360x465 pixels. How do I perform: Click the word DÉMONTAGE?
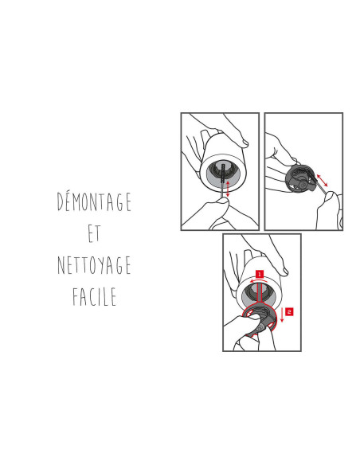(94, 201)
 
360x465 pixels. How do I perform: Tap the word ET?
(94, 233)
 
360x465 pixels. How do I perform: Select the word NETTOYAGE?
(94, 265)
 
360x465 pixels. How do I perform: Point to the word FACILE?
(94, 296)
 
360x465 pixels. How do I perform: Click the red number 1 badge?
(260, 274)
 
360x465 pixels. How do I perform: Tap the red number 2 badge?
(289, 311)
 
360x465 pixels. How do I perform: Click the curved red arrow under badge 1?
(259, 279)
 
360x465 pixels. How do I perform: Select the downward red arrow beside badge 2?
(282, 315)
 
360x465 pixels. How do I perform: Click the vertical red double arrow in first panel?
(228, 188)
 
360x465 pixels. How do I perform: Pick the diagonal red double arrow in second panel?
(322, 181)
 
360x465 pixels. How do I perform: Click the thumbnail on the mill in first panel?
(244, 143)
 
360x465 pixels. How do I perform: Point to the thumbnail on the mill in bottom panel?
(284, 272)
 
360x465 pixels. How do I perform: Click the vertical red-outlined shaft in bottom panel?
(260, 295)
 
